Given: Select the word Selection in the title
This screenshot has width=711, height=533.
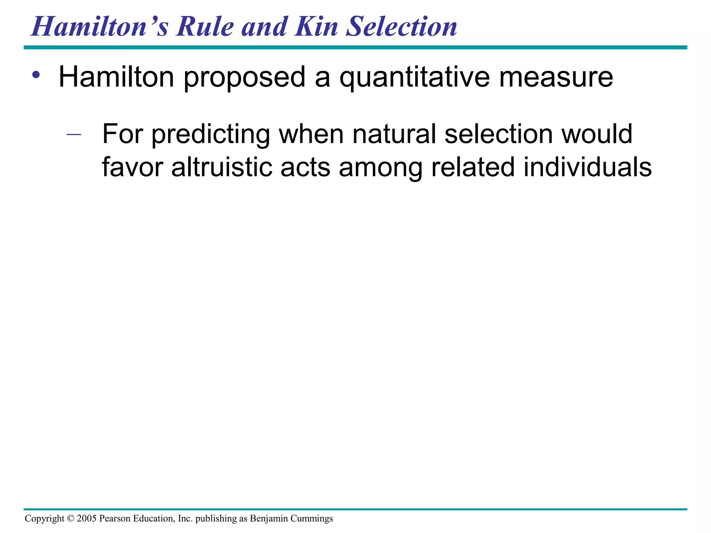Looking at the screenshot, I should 402,27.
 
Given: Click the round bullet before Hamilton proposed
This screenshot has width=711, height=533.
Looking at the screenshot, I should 36,75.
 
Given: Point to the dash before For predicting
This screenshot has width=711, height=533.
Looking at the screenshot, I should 74,134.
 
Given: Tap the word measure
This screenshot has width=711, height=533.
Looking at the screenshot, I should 556,78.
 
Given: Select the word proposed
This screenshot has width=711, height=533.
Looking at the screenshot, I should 244,78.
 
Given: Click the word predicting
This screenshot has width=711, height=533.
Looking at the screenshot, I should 211,135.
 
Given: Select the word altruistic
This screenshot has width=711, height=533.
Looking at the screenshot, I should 221,167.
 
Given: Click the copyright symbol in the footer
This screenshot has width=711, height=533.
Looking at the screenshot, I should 70,518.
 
